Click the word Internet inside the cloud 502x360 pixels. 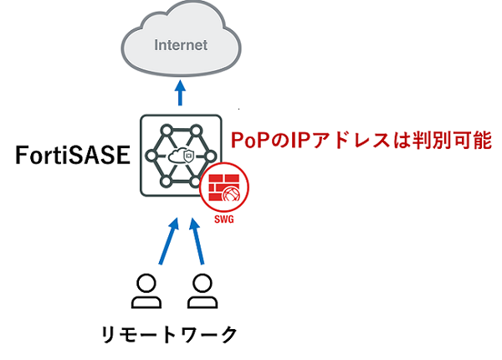(181, 44)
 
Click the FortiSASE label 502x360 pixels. (70, 156)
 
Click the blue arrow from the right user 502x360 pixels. (195, 243)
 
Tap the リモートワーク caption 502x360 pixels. (166, 334)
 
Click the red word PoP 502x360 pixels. (249, 140)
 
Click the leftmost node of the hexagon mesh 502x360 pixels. (151, 156)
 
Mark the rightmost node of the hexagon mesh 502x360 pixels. (213, 156)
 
